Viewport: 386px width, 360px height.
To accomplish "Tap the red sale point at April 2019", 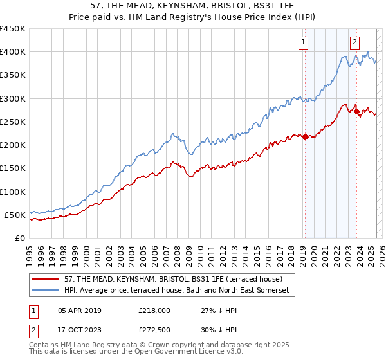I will pos(305,136).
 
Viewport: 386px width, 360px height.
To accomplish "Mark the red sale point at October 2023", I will pos(356,111).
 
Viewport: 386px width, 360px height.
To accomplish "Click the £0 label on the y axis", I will pos(19,238).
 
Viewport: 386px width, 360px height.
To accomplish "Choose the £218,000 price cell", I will pos(154,310).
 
